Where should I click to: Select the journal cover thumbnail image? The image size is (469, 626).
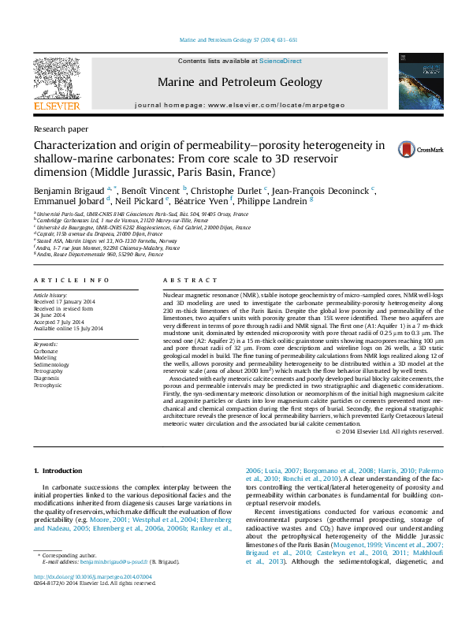click(415, 80)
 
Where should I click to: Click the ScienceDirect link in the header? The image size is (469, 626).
click(281, 61)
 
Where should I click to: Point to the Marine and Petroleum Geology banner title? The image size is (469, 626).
click(240, 82)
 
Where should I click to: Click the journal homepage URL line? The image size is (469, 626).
click(240, 105)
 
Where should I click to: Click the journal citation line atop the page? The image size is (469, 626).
click(237, 38)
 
